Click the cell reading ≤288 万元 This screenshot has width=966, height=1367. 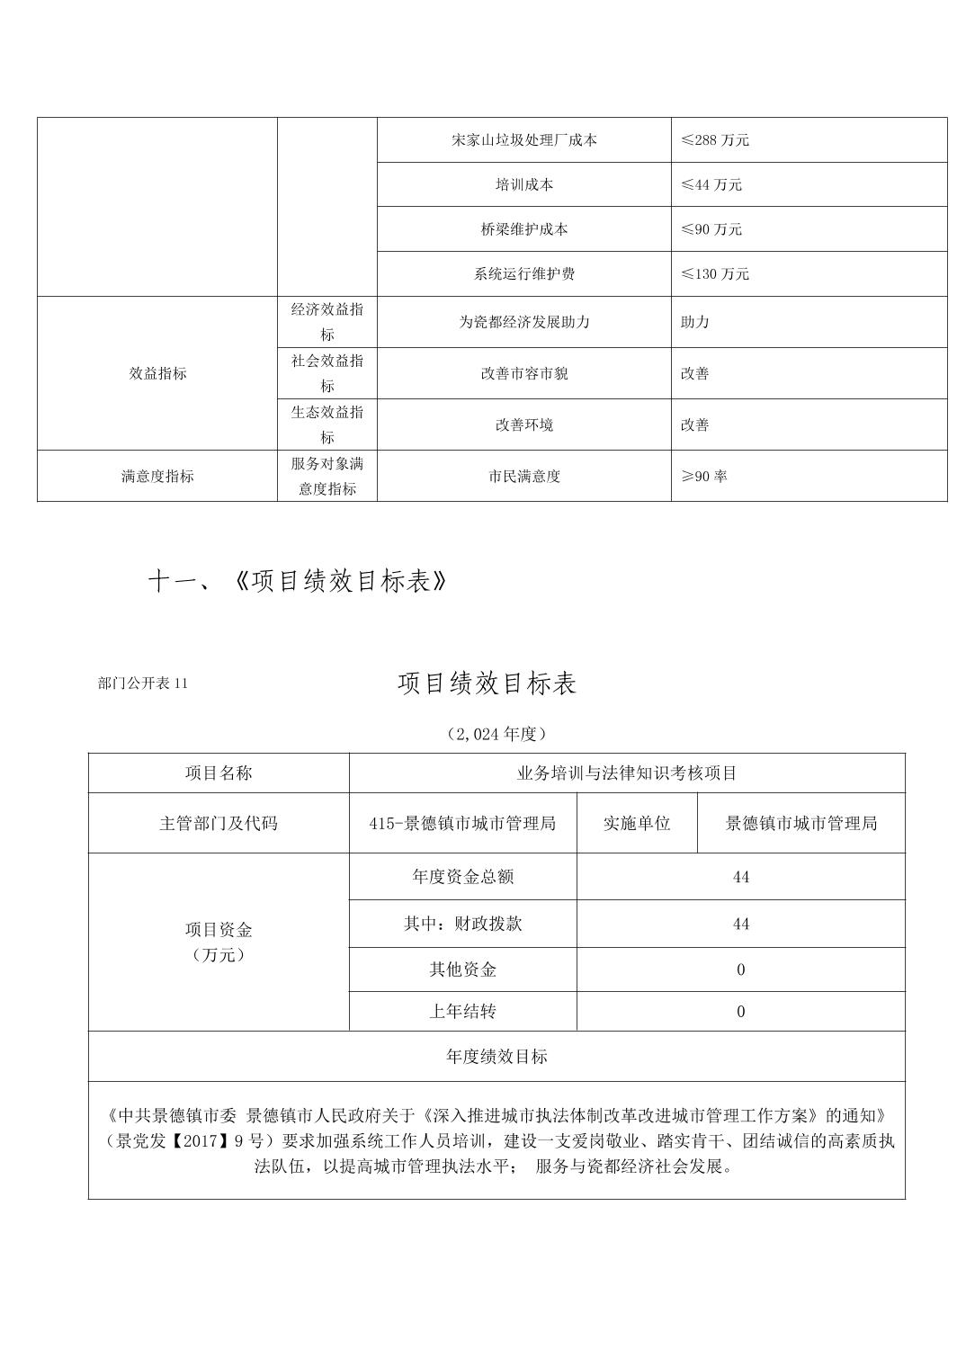715,140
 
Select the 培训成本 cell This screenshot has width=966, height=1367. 523,184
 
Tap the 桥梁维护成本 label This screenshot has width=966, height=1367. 523,229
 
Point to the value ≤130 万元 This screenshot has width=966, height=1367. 715,273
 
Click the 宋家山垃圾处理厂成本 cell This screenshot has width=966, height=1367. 523,140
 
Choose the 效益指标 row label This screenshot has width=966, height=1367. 157,373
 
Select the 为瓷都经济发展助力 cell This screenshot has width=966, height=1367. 523,322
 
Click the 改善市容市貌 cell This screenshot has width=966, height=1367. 523,373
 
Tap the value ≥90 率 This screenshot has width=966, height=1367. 703,476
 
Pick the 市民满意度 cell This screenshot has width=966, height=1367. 523,476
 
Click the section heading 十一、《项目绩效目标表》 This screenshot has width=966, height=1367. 298,582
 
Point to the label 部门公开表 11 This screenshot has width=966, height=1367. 143,683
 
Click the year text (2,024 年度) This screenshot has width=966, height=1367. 496,734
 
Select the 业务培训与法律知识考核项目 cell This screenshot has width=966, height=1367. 626,773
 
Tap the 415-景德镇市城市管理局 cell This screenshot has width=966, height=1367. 462,823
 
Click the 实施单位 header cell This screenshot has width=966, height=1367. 637,823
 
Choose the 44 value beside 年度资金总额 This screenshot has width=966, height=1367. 740,877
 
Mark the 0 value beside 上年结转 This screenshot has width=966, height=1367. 740,1012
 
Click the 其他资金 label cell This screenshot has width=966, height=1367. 462,969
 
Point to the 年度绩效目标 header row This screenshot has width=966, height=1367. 496,1057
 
